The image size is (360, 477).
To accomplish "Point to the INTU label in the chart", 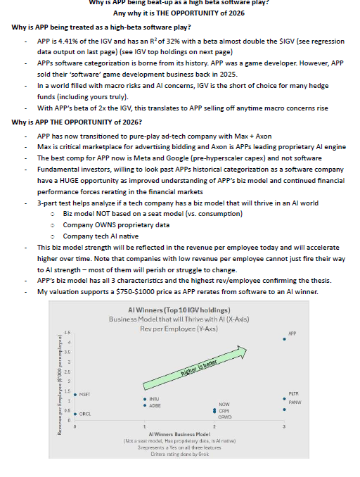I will pyautogui.click(x=155, y=399).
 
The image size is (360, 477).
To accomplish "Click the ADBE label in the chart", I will pyautogui.click(x=155, y=406).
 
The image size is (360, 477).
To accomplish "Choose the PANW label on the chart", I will pyautogui.click(x=295, y=402).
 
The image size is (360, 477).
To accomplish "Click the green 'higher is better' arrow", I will pyautogui.click(x=200, y=366).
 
